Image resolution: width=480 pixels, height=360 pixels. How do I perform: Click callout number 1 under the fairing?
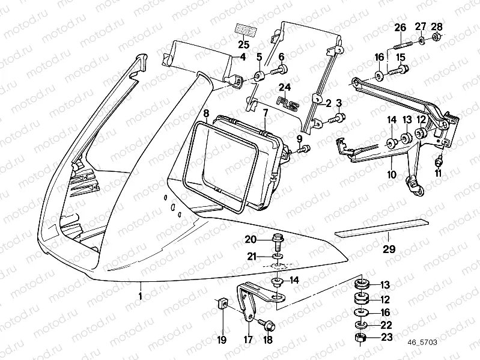click(141, 296)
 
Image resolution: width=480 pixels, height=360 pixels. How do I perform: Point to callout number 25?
click(243, 45)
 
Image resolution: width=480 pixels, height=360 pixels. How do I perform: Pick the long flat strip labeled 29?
click(381, 227)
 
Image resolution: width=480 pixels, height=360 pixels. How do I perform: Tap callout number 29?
click(389, 248)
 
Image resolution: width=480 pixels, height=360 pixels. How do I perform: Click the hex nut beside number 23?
click(360, 338)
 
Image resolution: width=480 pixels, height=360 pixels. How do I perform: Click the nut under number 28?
click(437, 39)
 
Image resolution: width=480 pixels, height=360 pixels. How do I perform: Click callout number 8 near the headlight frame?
click(205, 112)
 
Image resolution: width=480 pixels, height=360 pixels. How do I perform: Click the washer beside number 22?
click(360, 325)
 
